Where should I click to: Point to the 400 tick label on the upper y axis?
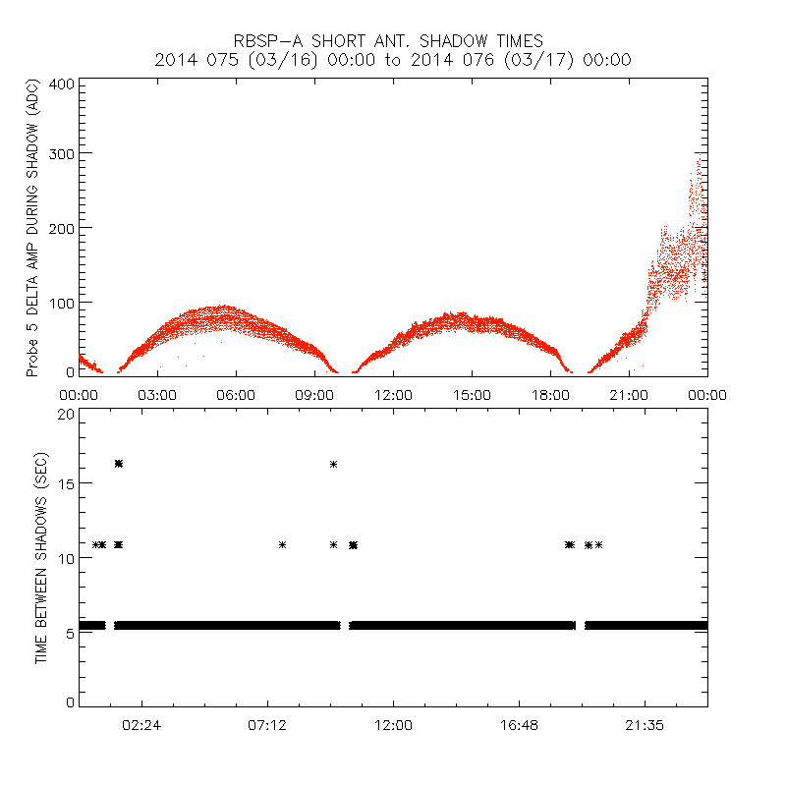[x=62, y=84]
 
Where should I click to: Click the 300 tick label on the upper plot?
[x=62, y=154]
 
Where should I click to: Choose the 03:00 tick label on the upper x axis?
[x=157, y=394]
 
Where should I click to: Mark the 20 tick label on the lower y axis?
[x=66, y=415]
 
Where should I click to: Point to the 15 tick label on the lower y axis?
[x=66, y=484]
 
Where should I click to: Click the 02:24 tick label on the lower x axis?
[x=141, y=724]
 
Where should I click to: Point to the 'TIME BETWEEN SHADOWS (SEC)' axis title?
[x=41, y=558]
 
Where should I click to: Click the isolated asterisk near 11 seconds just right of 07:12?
[x=283, y=544]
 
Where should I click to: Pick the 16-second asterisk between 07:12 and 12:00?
[x=334, y=464]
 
